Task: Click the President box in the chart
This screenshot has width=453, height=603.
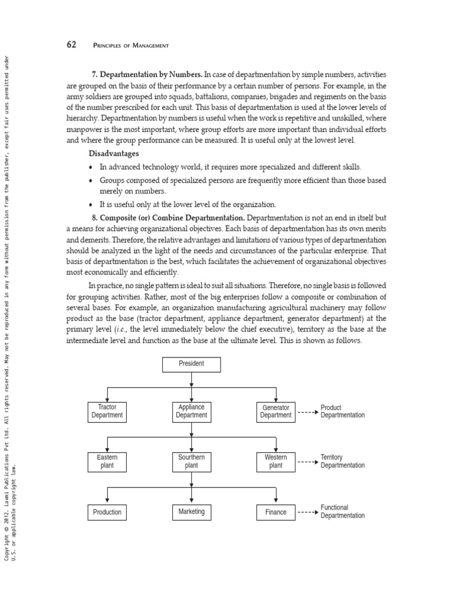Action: click(x=191, y=364)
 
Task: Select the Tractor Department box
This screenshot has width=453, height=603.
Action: click(x=107, y=411)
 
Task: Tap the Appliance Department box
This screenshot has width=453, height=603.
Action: click(x=191, y=411)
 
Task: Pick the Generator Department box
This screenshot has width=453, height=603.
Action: click(x=275, y=411)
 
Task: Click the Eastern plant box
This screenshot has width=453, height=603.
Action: click(x=107, y=461)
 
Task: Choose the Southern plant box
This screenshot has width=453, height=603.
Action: click(x=191, y=461)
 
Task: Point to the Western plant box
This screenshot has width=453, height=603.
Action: click(x=275, y=461)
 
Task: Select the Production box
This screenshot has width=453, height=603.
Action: click(x=107, y=512)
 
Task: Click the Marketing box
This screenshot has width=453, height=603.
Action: click(x=191, y=512)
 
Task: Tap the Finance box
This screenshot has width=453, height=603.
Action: click(x=275, y=512)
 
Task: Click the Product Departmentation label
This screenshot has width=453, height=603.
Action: click(x=342, y=411)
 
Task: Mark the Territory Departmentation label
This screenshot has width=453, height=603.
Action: click(x=342, y=461)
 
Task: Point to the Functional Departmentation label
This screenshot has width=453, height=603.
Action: click(x=342, y=511)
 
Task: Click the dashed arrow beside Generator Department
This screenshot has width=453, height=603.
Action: click(x=307, y=412)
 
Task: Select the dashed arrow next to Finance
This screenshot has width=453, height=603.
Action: click(x=307, y=513)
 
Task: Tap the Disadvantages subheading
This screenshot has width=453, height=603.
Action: click(x=114, y=153)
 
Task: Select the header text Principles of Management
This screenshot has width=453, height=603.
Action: click(x=131, y=45)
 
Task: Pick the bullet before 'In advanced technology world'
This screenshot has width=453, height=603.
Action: click(x=90, y=167)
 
